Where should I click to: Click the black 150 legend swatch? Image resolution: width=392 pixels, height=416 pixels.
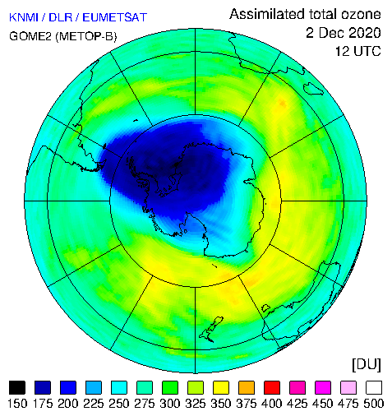tap(17, 387)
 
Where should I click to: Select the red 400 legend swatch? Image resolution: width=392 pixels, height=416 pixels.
tap(272, 387)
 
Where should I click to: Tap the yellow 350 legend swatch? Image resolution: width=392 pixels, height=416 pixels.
tap(221, 387)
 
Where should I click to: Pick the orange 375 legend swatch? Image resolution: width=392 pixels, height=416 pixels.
tap(247, 387)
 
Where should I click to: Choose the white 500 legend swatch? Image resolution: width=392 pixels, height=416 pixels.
tap(374, 387)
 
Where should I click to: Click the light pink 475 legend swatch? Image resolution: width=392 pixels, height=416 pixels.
tap(348, 387)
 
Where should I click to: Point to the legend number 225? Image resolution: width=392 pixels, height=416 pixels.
tap(94, 404)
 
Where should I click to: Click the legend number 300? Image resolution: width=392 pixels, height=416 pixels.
tap(170, 404)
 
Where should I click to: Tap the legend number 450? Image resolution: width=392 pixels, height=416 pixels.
tap(323, 404)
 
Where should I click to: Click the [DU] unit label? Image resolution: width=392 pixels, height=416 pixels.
tap(367, 365)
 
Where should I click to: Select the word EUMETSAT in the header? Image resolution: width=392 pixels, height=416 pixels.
tap(115, 17)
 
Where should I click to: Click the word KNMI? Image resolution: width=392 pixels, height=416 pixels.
tap(24, 17)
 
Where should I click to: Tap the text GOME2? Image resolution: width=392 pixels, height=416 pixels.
tap(30, 36)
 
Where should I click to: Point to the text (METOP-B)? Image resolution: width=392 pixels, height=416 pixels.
tap(86, 36)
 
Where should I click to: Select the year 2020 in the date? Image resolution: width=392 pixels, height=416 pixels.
tap(365, 33)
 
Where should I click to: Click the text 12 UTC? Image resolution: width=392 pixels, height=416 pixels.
tap(358, 51)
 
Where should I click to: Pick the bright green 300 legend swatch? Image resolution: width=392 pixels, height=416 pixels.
tap(170, 387)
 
